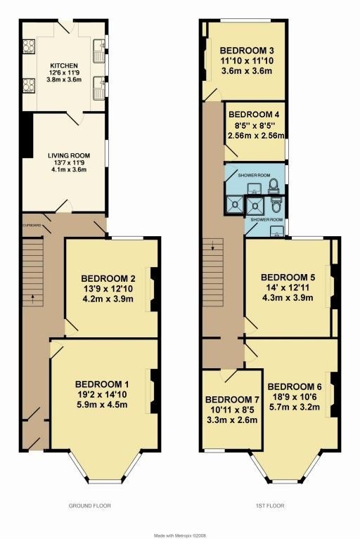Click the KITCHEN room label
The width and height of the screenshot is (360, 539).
point(64,65)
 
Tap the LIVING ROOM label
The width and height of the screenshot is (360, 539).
point(69,156)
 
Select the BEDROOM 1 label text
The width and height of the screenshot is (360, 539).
point(102,384)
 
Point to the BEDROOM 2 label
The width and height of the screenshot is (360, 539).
point(108,278)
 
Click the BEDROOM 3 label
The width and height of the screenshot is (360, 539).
point(247,51)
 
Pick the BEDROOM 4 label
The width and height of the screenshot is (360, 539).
point(254,115)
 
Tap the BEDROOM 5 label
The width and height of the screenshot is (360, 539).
point(288,278)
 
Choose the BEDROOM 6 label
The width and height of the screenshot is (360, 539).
point(295,387)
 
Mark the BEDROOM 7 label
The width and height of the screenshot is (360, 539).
point(232,400)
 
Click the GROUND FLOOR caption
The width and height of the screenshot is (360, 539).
point(90,506)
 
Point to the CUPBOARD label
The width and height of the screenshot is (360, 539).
point(32,225)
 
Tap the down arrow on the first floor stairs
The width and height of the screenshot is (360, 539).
point(213,246)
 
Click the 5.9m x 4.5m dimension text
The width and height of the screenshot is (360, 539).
point(102,405)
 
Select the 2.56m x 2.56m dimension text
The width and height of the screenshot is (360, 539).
point(256,136)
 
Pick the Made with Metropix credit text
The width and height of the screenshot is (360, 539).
point(180,535)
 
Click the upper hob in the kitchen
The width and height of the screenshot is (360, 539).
point(29,46)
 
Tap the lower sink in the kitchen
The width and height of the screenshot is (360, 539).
point(100,88)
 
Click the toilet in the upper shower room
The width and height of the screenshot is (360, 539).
point(274,186)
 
